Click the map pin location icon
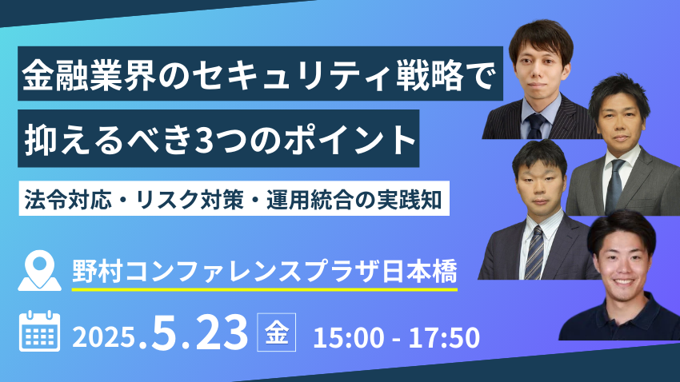(39, 271)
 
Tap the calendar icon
(40, 331)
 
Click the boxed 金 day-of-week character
(277, 332)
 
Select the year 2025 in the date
(103, 336)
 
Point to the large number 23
(222, 332)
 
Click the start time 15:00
(349, 338)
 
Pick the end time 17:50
(444, 338)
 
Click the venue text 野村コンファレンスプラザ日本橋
(265, 272)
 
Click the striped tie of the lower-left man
(534, 253)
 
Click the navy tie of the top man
(536, 126)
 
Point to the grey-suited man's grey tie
(614, 186)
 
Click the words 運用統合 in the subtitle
(310, 200)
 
